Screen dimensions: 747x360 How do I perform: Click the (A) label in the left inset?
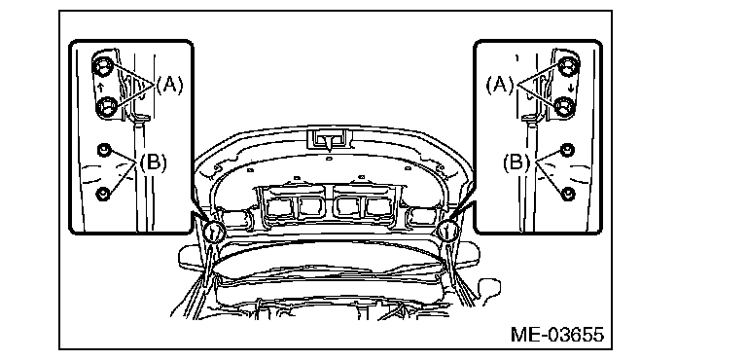(x=169, y=86)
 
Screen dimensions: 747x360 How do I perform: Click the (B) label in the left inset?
(x=154, y=163)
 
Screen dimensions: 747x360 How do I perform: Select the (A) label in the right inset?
(x=500, y=86)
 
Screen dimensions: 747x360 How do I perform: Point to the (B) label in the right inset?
(x=516, y=163)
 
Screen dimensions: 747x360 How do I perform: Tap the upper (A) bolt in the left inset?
(x=103, y=66)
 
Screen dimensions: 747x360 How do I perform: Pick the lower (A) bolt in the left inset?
(x=105, y=106)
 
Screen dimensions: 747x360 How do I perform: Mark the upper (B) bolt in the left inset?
(x=103, y=150)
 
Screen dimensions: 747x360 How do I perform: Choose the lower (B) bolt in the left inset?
(x=103, y=194)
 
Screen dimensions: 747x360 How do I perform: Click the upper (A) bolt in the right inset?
(x=568, y=65)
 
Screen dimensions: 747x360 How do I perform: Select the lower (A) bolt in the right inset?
(x=565, y=106)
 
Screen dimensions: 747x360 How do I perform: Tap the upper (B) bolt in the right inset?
(x=567, y=150)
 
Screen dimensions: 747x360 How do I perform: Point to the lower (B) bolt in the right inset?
(x=568, y=194)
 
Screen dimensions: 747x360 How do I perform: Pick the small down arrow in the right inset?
(x=571, y=89)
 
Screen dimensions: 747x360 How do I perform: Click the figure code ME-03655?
(x=557, y=335)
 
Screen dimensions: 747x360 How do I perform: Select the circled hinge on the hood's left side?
(x=213, y=232)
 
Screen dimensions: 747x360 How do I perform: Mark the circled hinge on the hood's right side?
(x=446, y=231)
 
